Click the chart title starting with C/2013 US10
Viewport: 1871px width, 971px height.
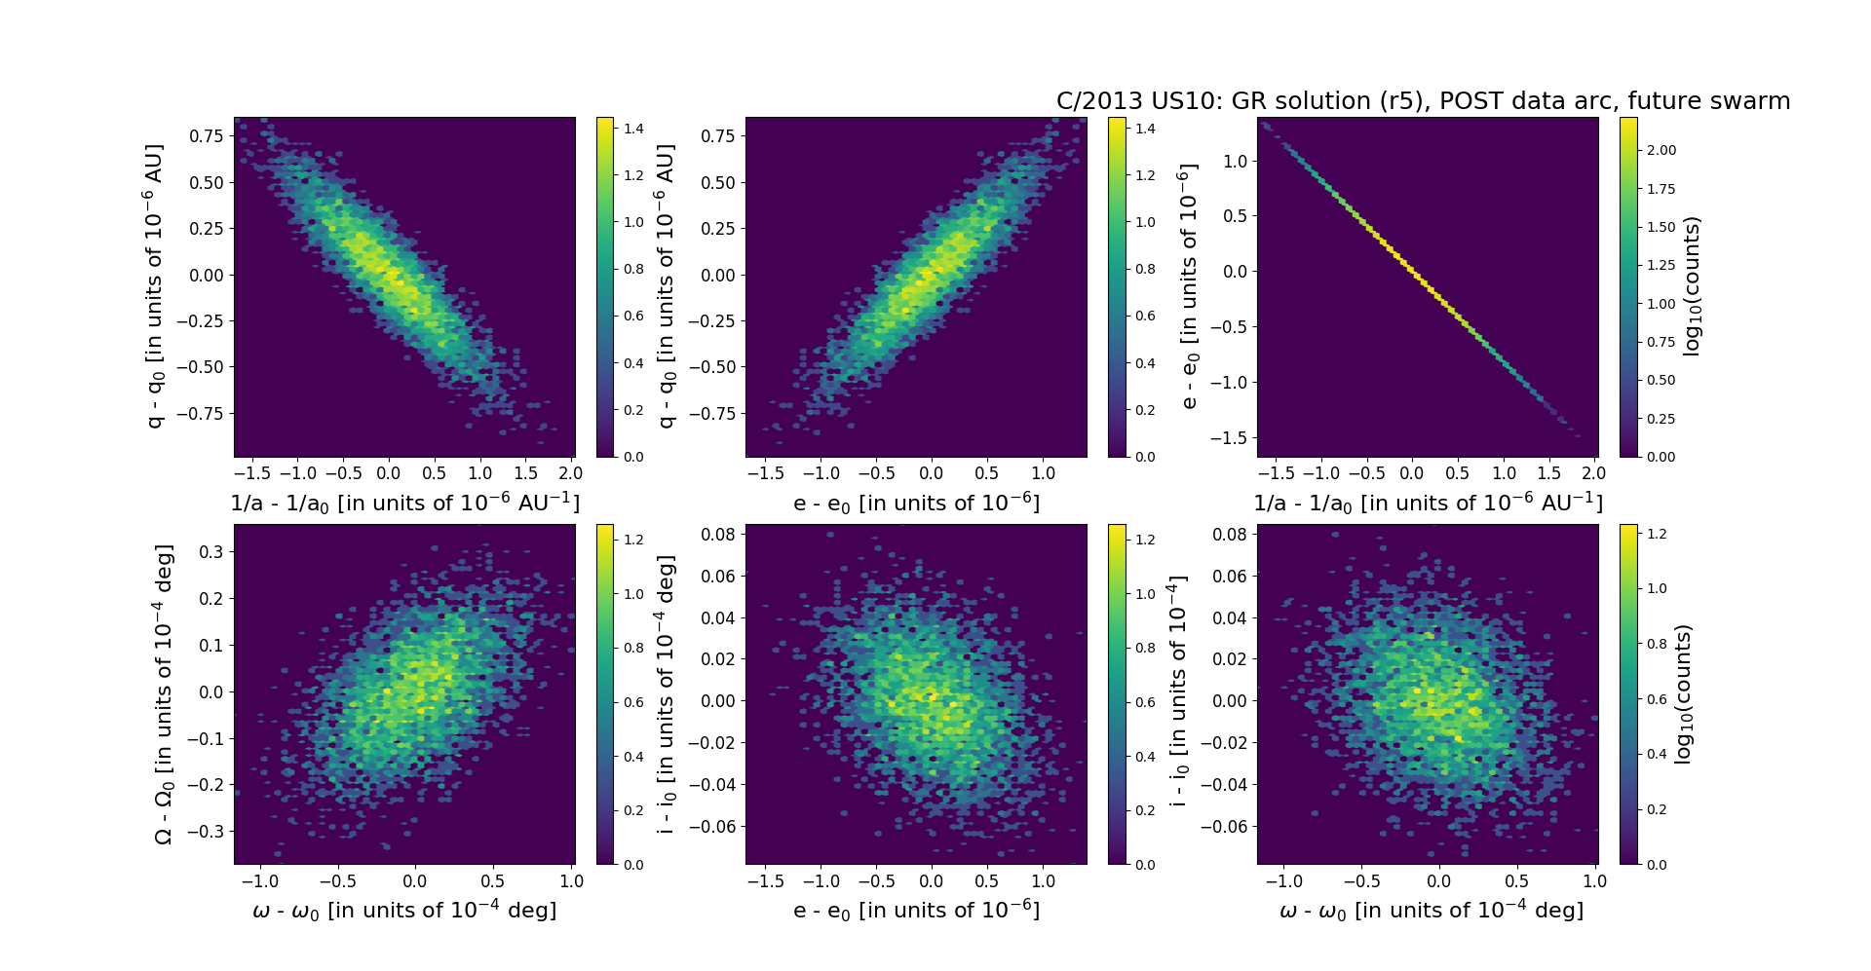click(1423, 101)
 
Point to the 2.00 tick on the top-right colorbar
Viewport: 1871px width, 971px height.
click(1661, 150)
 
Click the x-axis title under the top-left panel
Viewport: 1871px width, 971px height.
click(404, 504)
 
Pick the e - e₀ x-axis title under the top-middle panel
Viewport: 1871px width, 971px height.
click(916, 504)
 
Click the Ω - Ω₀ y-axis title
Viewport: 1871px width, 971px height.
click(164, 694)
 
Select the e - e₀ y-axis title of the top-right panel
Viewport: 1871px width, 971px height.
click(1188, 286)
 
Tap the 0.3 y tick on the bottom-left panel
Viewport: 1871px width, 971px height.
click(211, 552)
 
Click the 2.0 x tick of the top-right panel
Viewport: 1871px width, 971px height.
click(1592, 473)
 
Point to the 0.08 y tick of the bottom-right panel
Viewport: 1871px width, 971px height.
click(1230, 534)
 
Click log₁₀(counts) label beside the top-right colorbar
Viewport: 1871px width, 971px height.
click(1692, 286)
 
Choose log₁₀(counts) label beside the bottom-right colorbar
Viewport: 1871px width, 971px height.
click(1682, 694)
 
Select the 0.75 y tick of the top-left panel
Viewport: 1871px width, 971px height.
click(206, 136)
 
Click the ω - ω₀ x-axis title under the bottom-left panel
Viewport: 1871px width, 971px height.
click(404, 911)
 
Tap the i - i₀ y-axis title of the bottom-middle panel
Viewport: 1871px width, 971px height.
click(667, 694)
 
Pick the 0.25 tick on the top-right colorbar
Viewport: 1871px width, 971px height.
click(1661, 419)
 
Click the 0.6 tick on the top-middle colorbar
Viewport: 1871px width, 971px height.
click(1145, 316)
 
